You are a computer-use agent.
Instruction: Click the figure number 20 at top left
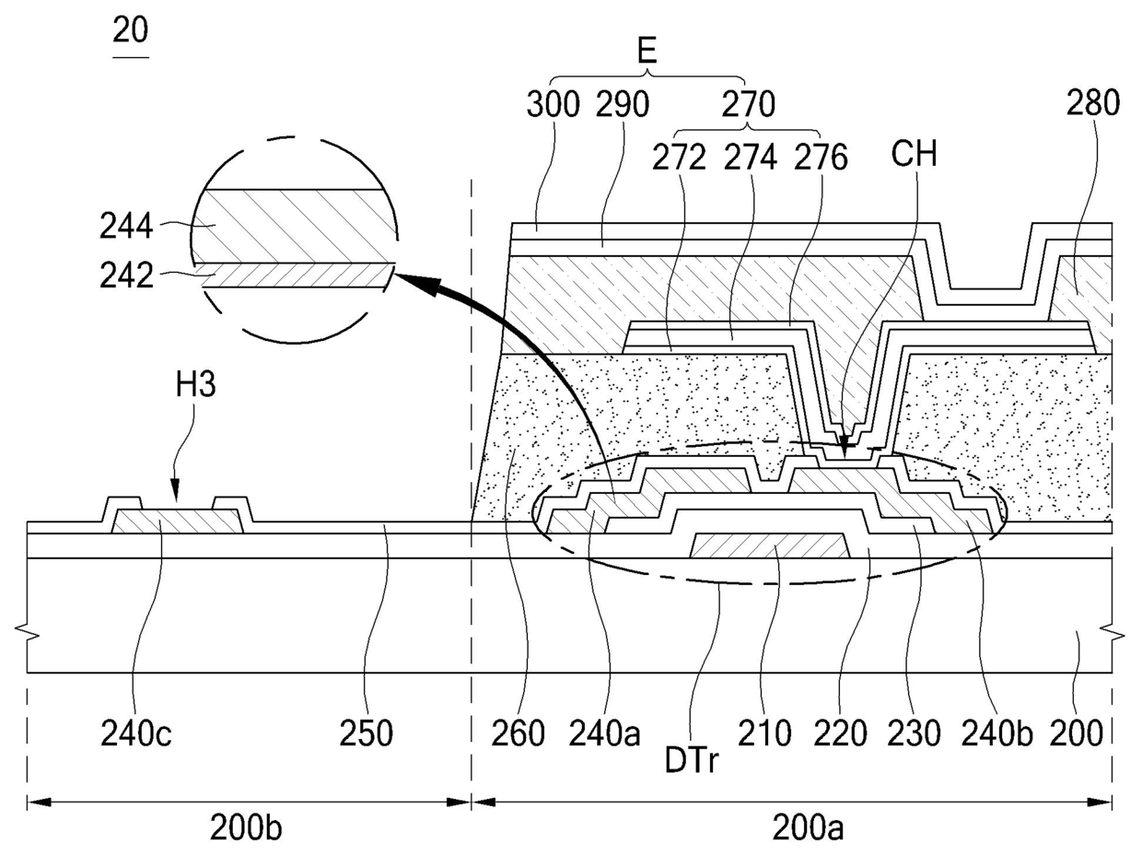coord(130,31)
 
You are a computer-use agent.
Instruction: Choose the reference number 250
coord(367,734)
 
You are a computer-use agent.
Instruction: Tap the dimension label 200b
coord(246,827)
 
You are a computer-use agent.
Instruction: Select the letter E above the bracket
coord(647,51)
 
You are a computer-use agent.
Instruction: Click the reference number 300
coord(554,105)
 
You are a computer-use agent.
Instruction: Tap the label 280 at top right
coord(1093,105)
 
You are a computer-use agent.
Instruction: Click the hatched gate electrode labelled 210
coord(768,545)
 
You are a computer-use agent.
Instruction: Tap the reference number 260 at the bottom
coord(517,734)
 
